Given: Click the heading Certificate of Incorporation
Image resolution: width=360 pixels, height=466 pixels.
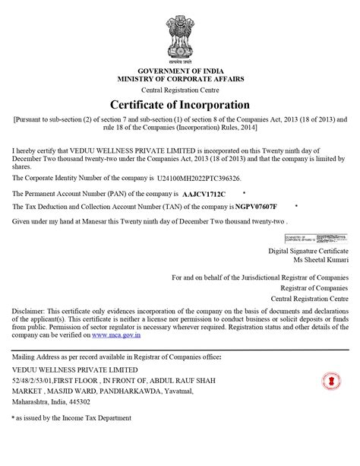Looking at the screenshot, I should (x=180, y=104).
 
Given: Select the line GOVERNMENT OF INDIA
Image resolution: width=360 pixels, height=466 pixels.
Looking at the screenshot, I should (x=180, y=71).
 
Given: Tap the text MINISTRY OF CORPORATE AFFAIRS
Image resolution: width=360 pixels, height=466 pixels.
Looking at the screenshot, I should (x=180, y=79).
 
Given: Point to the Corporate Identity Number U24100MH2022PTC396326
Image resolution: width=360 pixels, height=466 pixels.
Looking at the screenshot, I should (x=199, y=179).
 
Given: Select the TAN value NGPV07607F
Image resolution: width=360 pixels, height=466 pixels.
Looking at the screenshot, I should (x=256, y=207).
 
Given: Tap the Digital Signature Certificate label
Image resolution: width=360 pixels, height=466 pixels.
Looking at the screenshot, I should (x=308, y=250).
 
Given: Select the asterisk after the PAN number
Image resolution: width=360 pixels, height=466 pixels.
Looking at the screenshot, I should (x=244, y=194).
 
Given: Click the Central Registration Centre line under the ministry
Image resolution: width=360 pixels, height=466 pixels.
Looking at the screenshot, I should (x=180, y=89).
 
